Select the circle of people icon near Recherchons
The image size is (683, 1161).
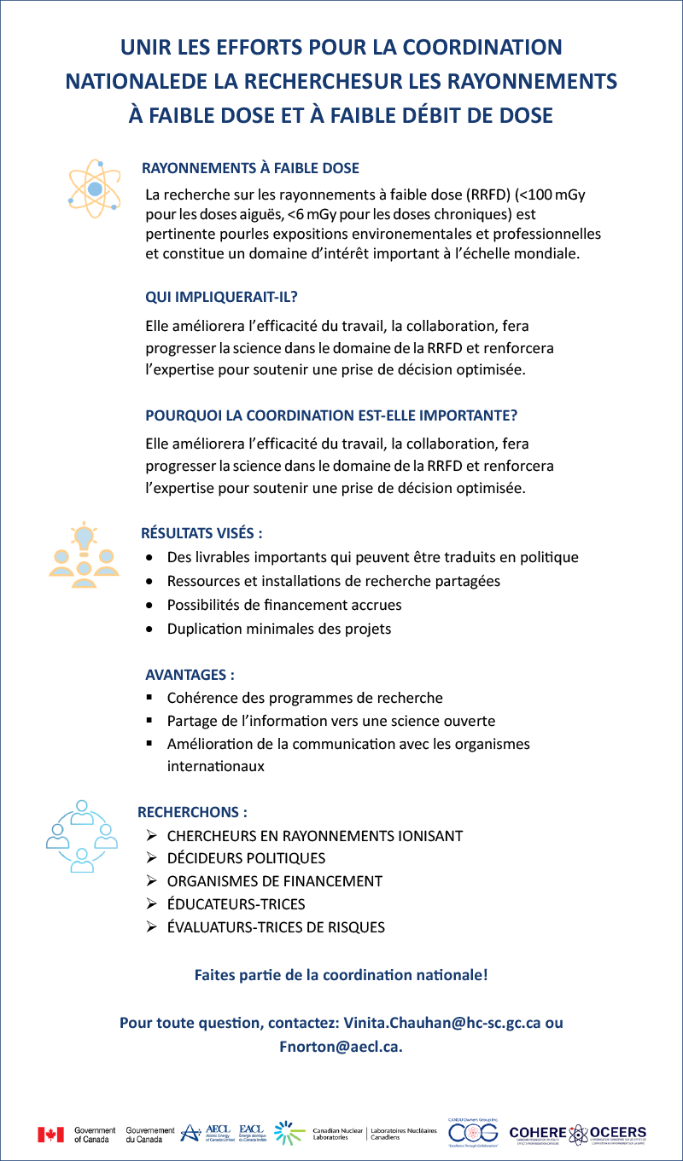[82, 836]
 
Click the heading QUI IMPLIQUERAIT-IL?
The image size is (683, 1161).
[227, 297]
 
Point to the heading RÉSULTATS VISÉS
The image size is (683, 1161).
[201, 533]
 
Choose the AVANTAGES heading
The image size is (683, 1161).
[190, 674]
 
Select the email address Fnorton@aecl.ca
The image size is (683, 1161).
[339, 1047]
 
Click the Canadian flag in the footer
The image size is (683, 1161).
[51, 1134]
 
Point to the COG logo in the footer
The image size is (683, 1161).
[473, 1133]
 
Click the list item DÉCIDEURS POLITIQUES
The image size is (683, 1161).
[246, 858]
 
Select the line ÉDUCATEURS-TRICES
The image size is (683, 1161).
[236, 904]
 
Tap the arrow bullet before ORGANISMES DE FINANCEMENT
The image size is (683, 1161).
[151, 881]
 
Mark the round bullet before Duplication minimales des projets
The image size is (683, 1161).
[150, 630]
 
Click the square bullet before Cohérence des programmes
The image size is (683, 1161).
[150, 698]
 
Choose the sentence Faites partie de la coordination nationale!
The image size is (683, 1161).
[341, 974]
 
